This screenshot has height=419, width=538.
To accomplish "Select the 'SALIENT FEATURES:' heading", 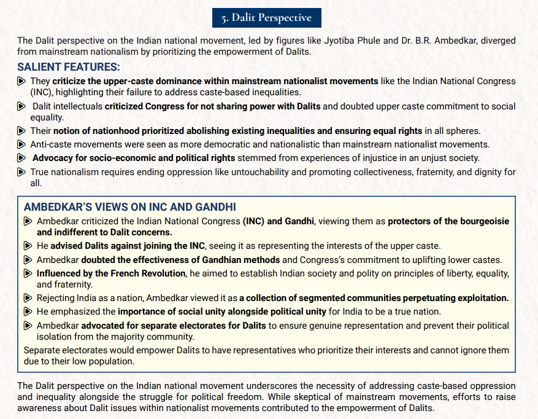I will [69, 67].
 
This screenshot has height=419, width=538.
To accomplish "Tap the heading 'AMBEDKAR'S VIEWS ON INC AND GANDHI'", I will [129, 208].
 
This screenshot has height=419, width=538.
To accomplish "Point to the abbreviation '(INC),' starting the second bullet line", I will [45, 92].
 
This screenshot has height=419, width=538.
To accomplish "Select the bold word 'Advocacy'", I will [53, 158].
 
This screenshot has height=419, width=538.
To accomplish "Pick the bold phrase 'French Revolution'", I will [150, 273].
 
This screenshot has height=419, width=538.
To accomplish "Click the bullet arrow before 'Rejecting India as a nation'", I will [28, 298].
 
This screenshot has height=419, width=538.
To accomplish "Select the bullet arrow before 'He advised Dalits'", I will [28, 246].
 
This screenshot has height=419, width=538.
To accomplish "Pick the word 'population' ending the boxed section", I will [113, 361].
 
